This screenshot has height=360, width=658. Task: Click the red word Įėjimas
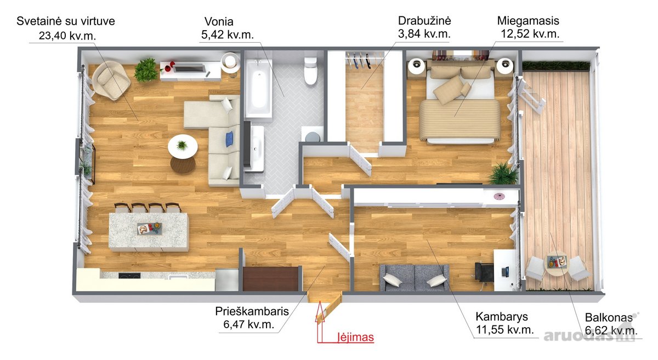tap(356, 338)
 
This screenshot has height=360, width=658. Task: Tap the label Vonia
tap(219, 22)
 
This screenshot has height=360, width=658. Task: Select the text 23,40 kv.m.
tap(67, 36)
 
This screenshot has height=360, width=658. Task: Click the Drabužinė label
tap(424, 21)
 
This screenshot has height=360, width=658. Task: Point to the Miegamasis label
tap(528, 21)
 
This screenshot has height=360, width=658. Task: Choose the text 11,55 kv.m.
tap(504, 330)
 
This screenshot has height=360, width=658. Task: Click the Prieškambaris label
tap(252, 311)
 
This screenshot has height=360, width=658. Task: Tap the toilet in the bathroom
tap(310, 71)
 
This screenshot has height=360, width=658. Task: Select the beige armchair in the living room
tap(111, 80)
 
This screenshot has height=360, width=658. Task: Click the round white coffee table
tap(183, 146)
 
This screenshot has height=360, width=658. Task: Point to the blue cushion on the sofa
tap(229, 139)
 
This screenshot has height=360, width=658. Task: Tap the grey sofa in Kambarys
tap(415, 277)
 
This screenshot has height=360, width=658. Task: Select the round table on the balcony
tap(557, 264)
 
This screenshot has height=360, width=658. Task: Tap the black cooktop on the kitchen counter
tap(129, 276)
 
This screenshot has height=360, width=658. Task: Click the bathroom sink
tap(255, 148)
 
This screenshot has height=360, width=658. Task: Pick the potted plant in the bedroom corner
tap(503, 174)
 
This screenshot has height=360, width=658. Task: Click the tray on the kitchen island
tap(149, 228)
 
